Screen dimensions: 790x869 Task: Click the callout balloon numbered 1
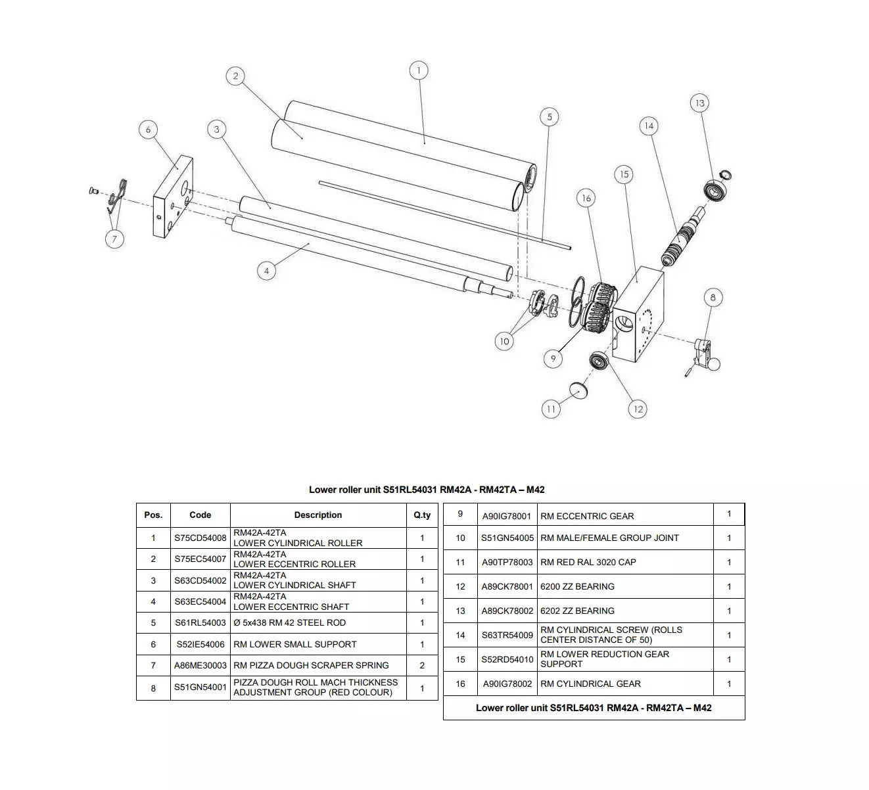(x=419, y=70)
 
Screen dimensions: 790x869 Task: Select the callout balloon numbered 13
(x=699, y=103)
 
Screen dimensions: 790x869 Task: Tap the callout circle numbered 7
(x=114, y=239)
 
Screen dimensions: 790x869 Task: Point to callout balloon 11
(x=551, y=409)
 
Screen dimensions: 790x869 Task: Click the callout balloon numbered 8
(x=713, y=298)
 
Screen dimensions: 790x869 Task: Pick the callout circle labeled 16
(x=586, y=198)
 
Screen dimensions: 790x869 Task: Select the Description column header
(x=318, y=515)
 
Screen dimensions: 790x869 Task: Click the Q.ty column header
(x=422, y=515)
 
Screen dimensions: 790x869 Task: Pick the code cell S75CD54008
(x=200, y=538)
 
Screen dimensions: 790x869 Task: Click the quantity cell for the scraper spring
(x=422, y=665)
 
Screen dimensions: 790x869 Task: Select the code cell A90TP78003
(x=507, y=562)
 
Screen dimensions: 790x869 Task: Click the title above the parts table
(x=427, y=490)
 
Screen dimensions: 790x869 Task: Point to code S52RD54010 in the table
(x=507, y=659)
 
